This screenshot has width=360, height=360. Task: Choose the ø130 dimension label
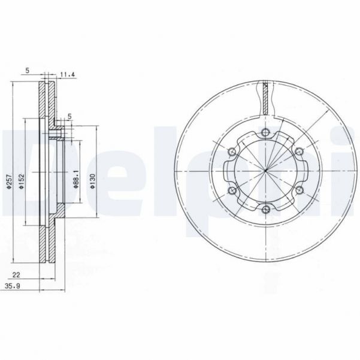tap(93, 181)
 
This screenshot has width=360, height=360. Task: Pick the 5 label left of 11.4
tap(28, 70)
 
